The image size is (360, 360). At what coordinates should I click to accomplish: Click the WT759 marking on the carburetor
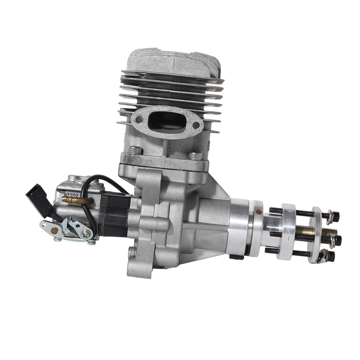tap(71, 195)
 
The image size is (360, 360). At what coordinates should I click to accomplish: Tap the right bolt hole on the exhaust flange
tap(196, 125)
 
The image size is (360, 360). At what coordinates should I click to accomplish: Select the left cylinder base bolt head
tap(135, 150)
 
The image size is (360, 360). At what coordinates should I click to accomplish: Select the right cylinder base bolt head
tap(195, 156)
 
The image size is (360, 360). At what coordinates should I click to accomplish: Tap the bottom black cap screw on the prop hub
tap(330, 256)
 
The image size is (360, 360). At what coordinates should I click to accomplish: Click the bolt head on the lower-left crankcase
tap(132, 252)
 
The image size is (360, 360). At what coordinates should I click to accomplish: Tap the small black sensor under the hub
tap(236, 257)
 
